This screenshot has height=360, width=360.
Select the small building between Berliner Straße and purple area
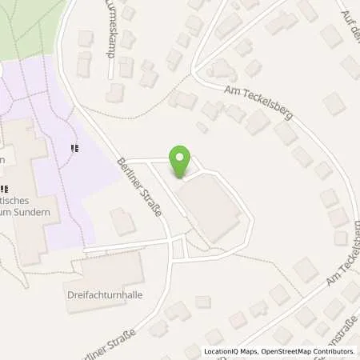[x=122, y=222]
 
